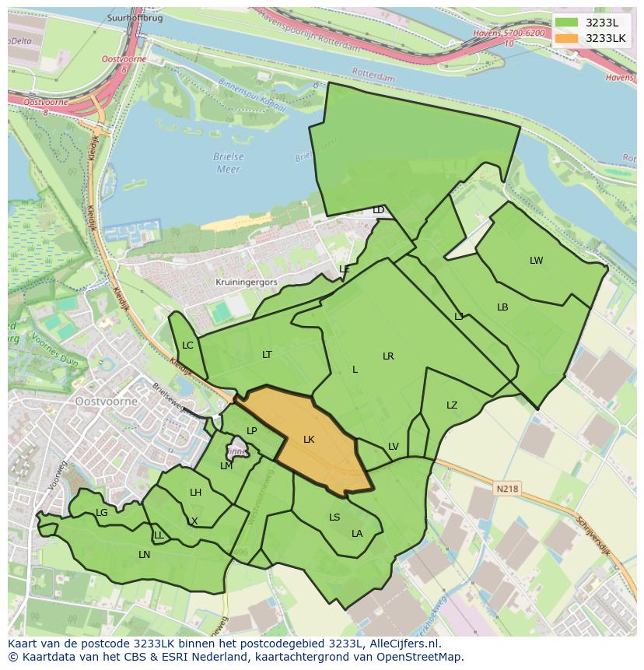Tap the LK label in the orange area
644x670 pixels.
click(309, 440)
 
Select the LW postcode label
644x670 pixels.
click(536, 261)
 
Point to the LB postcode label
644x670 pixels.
click(502, 307)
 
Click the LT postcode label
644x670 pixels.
click(267, 354)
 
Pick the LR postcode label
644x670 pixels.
click(388, 356)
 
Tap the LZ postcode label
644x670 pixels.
click(452, 405)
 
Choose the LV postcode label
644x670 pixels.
click(393, 447)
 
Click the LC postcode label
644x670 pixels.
click(187, 346)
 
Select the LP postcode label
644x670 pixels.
click(251, 431)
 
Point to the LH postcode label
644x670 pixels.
click(195, 493)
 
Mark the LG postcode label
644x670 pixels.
click(102, 513)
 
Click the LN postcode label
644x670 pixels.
click(144, 555)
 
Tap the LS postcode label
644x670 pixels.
click(334, 517)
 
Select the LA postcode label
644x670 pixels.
click(357, 534)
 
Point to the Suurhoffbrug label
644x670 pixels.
click(136, 18)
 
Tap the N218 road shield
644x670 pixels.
click(506, 489)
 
